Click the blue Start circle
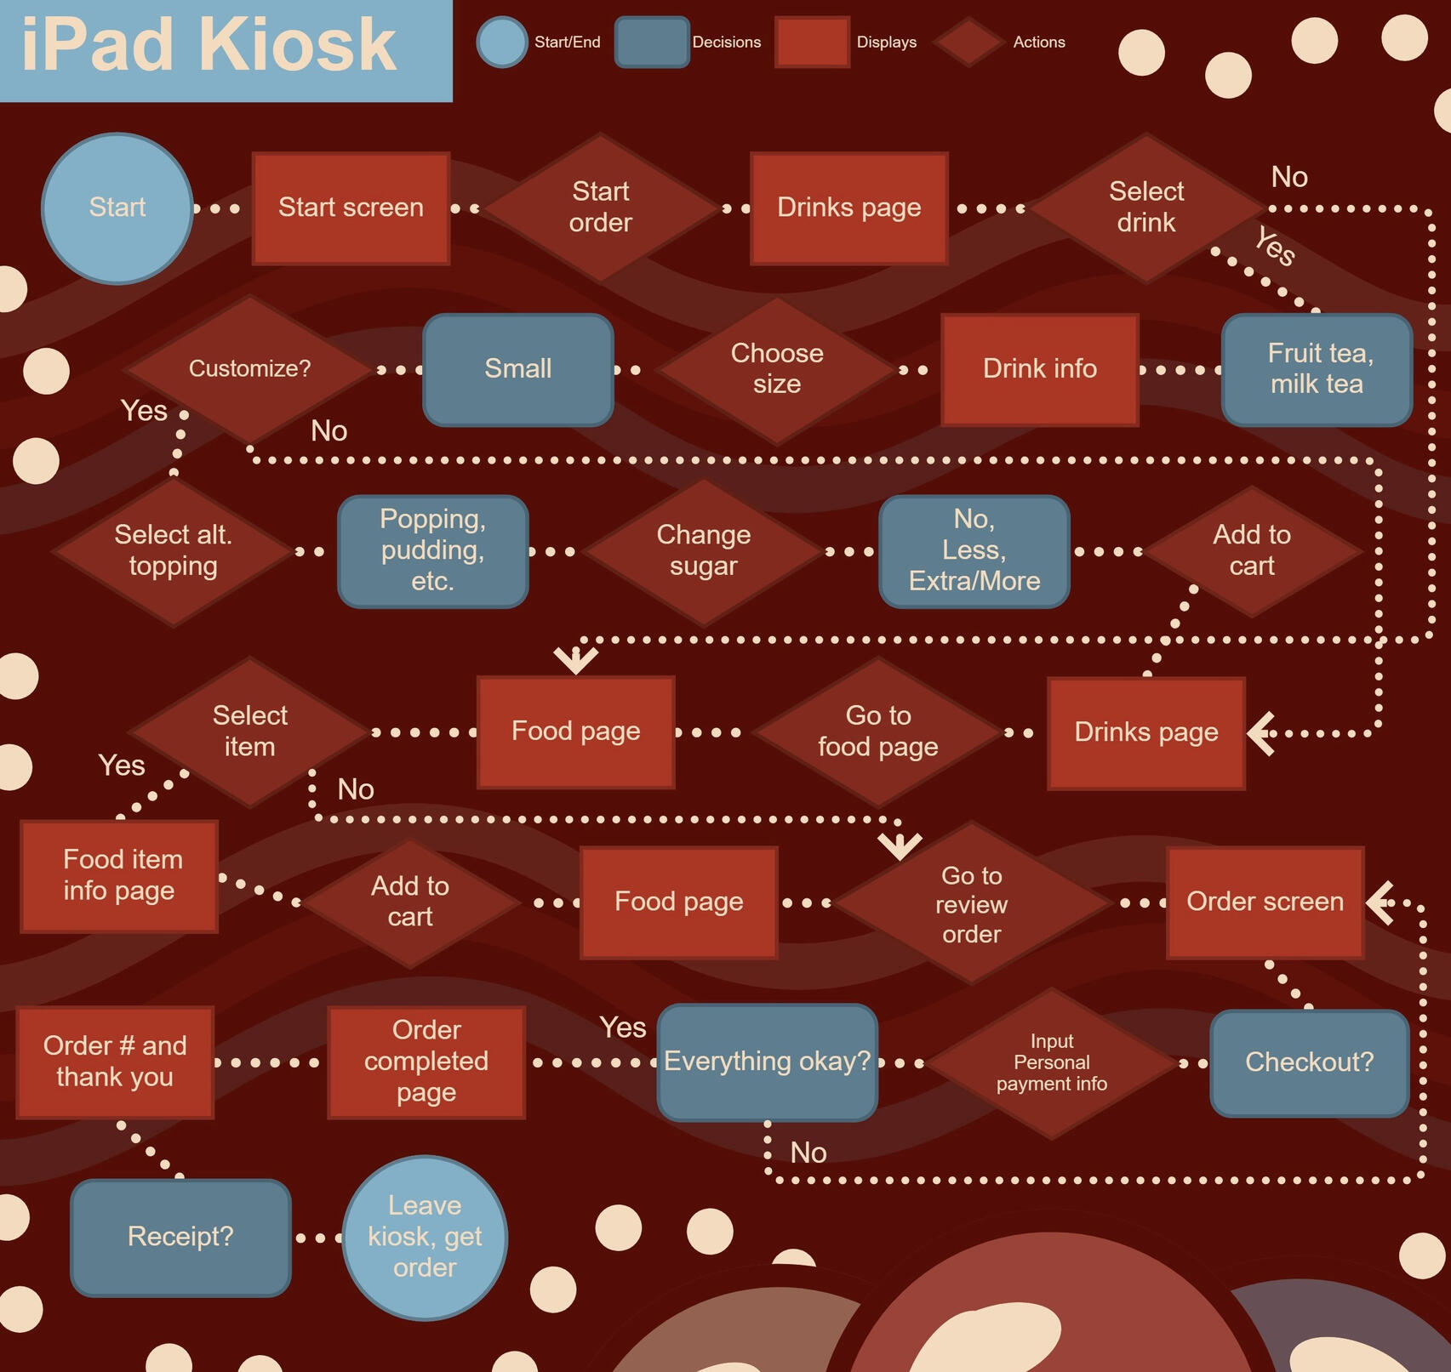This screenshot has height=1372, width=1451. [117, 208]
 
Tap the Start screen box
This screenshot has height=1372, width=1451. [351, 208]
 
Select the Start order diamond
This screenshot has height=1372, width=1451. [601, 208]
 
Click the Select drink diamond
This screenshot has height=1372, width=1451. [1146, 208]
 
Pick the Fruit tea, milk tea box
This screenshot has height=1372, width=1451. [1317, 369]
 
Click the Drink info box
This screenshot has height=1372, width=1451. [1040, 369]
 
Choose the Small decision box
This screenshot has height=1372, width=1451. [518, 369]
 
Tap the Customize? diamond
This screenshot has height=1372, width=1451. [249, 369]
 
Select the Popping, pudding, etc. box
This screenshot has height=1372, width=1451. [433, 551]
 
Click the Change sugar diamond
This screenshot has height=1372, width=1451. [704, 551]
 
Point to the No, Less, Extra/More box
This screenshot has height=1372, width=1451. [974, 551]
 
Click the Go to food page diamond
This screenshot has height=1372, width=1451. [878, 732]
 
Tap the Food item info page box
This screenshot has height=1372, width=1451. [119, 876]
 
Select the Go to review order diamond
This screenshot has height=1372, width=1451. [972, 903]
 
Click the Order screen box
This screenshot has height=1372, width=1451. [1265, 902]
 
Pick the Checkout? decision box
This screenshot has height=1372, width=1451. [1310, 1063]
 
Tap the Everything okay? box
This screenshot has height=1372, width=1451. [768, 1062]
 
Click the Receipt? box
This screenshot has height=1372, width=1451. [180, 1238]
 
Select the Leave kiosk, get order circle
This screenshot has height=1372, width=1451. [425, 1238]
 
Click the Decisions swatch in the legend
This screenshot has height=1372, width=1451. [652, 42]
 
